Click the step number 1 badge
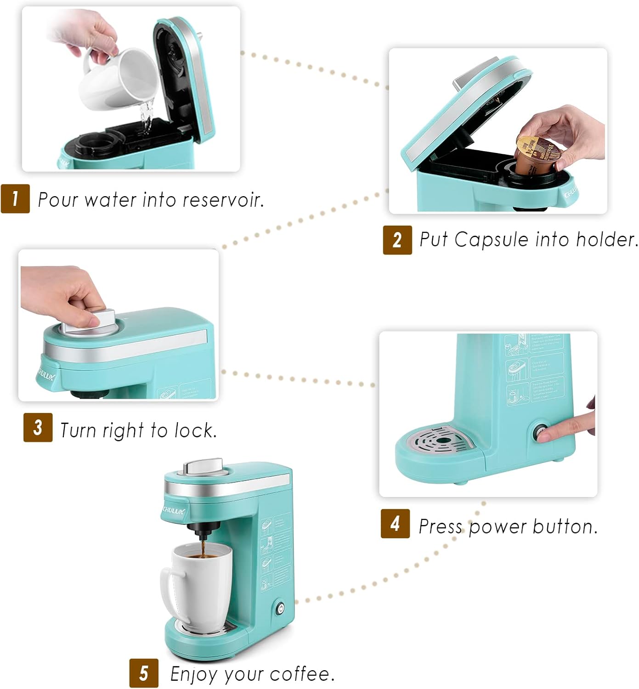tap(15, 198)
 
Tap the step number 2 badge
tap(397, 239)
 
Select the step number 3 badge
tap(38, 427)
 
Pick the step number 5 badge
tap(144, 673)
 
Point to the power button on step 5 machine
tap(280, 609)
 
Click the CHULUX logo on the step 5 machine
tap(174, 510)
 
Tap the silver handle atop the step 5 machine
tap(203, 467)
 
